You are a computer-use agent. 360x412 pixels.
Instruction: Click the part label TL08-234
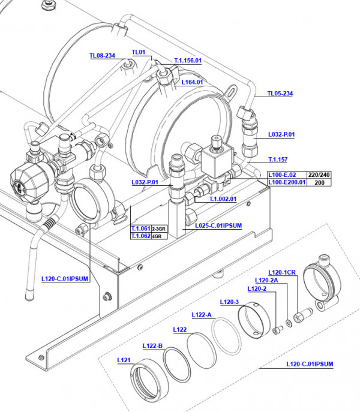tap(102, 56)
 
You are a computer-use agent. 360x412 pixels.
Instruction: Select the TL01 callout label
tap(138, 52)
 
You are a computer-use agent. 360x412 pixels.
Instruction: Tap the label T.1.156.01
tap(188, 61)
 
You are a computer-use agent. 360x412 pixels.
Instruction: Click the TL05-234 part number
tap(280, 94)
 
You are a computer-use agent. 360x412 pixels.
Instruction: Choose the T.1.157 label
tap(277, 160)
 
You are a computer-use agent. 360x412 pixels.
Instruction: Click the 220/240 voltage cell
tap(320, 175)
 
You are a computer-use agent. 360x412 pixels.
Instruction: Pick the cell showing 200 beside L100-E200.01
tap(320, 182)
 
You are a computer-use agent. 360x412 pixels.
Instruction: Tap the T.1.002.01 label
tap(223, 199)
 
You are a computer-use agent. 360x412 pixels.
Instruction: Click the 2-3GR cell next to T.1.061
tap(159, 229)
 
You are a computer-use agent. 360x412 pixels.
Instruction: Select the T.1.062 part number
tap(140, 236)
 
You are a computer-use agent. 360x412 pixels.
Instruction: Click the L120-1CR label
tap(282, 272)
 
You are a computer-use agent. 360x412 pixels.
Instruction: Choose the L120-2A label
tap(266, 280)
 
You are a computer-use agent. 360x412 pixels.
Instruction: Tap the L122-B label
tap(152, 345)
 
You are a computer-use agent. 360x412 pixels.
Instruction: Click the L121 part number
tap(124, 360)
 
